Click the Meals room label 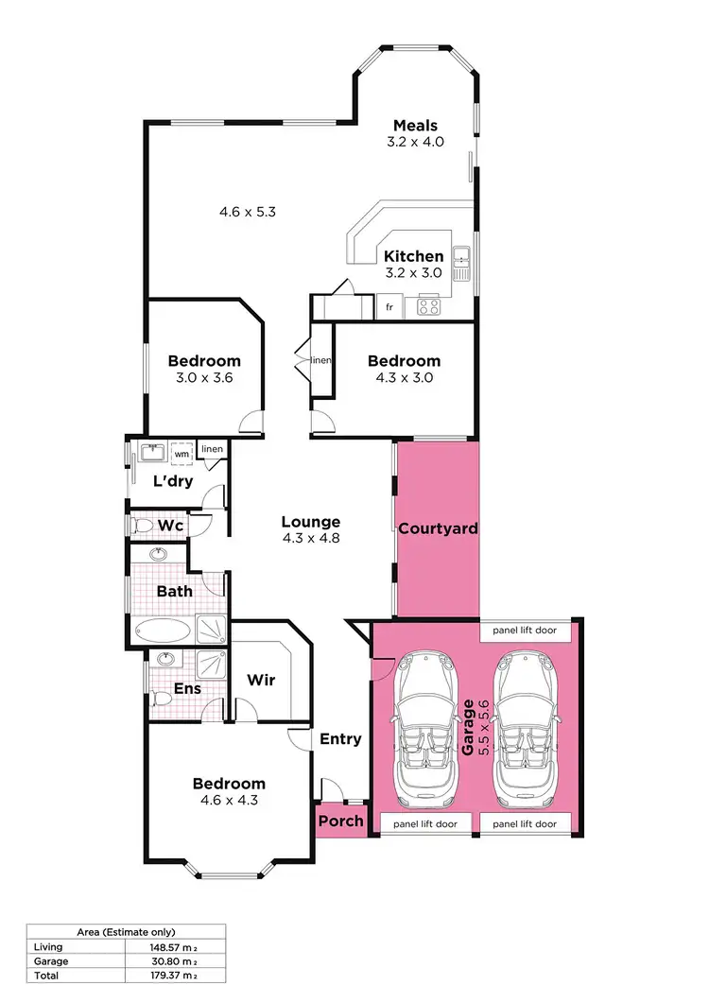click(417, 126)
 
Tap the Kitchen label click(413, 256)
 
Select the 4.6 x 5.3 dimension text click(247, 212)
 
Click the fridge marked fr click(389, 307)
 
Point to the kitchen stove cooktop click(429, 306)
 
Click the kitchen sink click(462, 262)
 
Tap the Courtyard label click(437, 528)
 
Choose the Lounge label click(310, 522)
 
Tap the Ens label click(187, 689)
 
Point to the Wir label click(261, 680)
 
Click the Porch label click(340, 821)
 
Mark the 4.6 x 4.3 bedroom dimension click(228, 800)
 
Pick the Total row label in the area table click(45, 975)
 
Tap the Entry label click(340, 739)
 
